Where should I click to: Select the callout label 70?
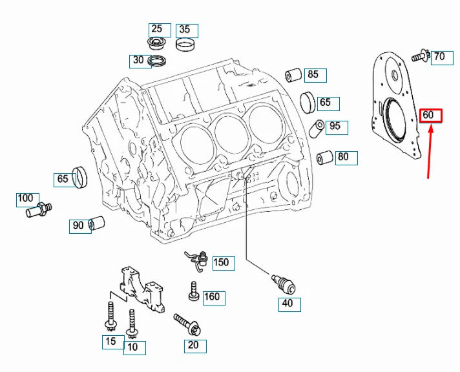tap(439, 57)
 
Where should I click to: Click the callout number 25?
tap(157, 29)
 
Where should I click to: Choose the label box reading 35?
tap(184, 30)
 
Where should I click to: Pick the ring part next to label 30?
tap(158, 62)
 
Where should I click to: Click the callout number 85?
tap(313, 75)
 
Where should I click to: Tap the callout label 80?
tap(342, 157)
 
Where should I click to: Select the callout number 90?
tap(78, 225)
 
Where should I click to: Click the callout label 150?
tap(221, 263)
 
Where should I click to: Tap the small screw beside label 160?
tap(193, 293)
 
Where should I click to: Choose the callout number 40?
tap(287, 303)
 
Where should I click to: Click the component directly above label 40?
tap(285, 282)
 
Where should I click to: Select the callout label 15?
tap(110, 341)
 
